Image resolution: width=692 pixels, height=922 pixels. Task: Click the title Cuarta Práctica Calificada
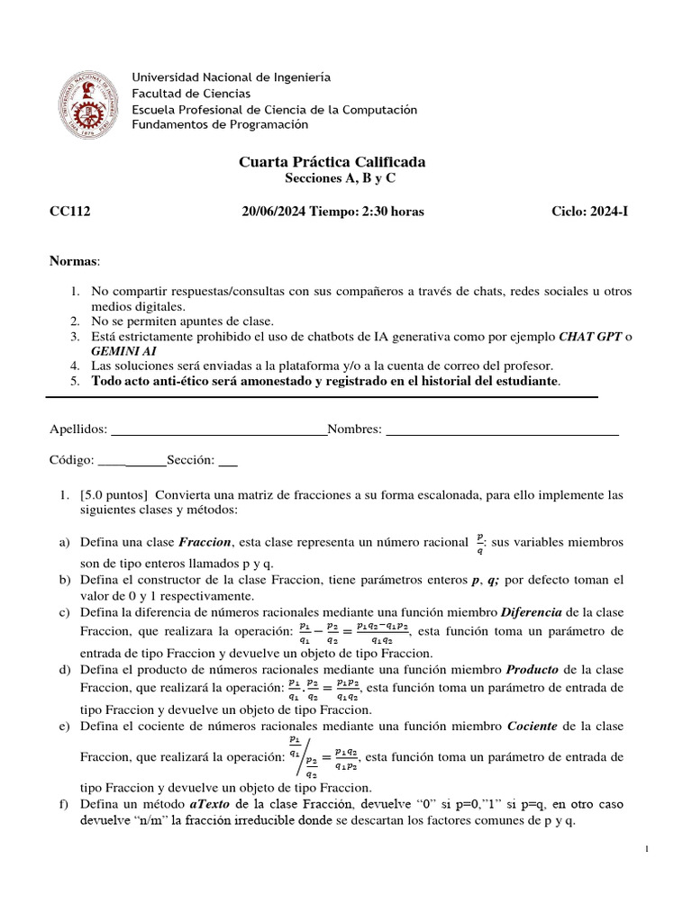(332, 162)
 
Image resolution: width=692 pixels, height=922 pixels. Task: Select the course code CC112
(69, 212)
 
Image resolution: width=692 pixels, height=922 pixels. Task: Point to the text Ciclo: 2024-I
(592, 212)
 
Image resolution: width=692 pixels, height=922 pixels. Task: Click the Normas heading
(75, 261)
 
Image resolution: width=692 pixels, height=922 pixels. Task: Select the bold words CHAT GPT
(591, 336)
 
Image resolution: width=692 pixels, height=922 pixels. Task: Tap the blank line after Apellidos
(218, 431)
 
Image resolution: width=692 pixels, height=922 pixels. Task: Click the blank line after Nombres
(502, 431)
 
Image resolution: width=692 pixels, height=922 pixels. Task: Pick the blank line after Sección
(228, 461)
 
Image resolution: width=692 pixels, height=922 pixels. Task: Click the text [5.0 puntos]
(117, 495)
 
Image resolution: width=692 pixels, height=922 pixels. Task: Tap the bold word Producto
(534, 670)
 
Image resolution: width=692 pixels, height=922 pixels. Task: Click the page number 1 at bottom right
(650, 848)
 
